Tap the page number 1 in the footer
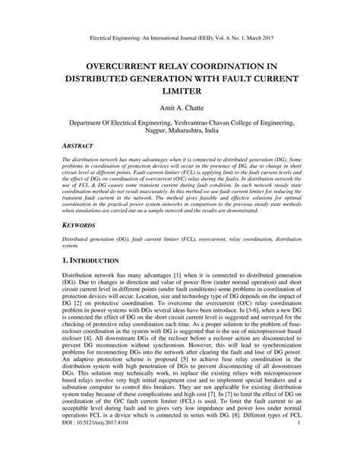point(302,456)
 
